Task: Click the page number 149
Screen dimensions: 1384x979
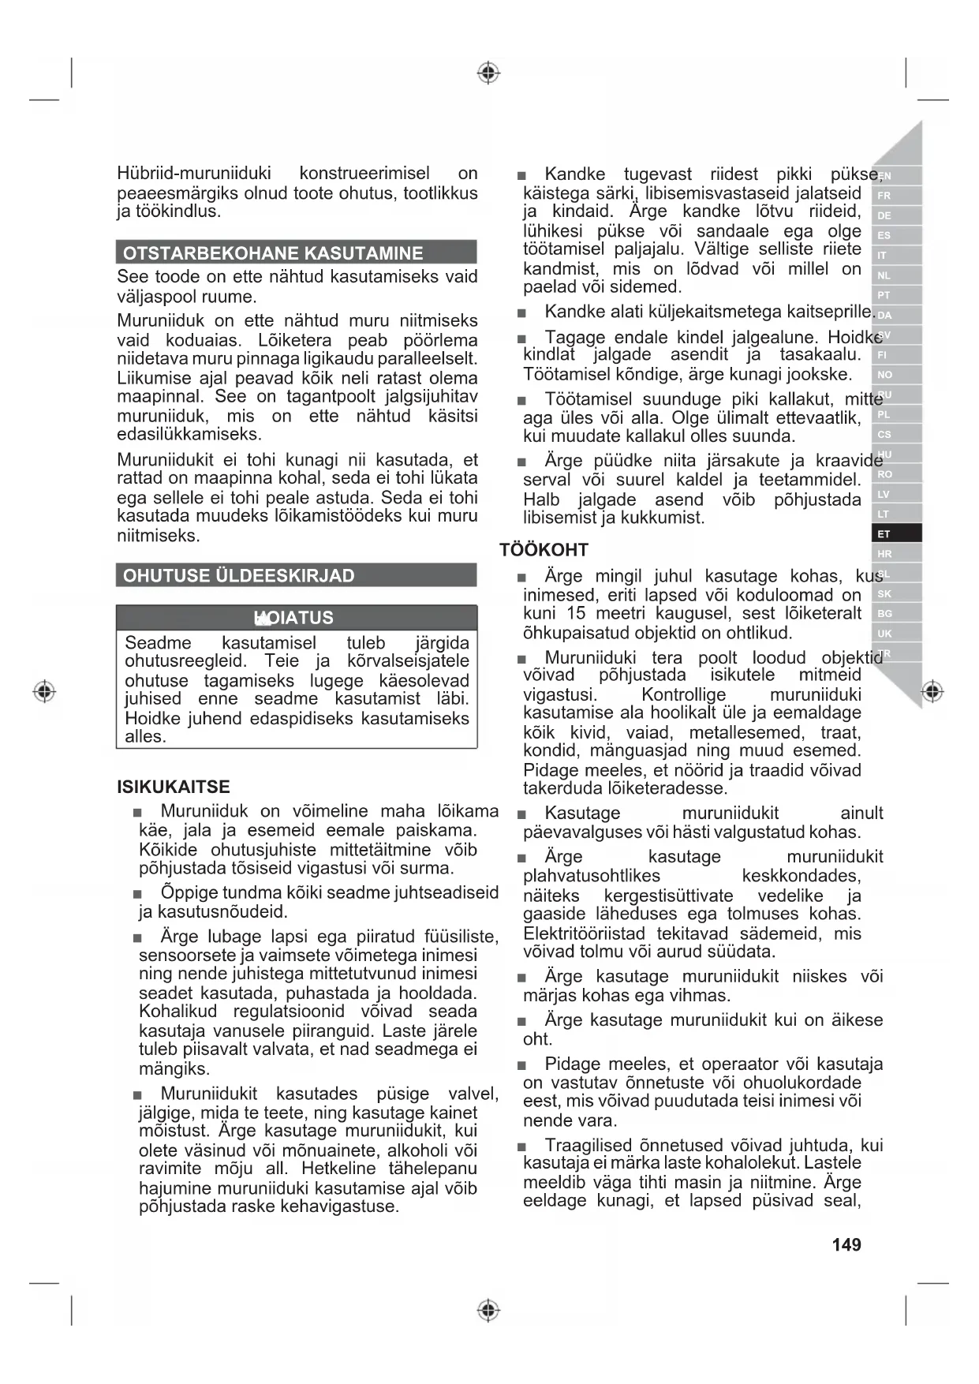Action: pos(846,1245)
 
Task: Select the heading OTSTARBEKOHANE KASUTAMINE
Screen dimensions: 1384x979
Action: pos(273,253)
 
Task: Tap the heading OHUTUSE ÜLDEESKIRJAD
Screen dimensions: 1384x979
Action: pos(239,576)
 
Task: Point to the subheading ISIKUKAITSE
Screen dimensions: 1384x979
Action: pos(174,787)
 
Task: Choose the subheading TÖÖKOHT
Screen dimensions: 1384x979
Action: pos(544,550)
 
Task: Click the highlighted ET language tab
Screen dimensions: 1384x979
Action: pos(884,534)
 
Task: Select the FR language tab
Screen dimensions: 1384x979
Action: pos(884,196)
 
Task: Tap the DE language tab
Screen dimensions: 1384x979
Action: pos(884,215)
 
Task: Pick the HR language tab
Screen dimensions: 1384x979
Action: pos(884,554)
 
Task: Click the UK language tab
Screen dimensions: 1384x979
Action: pos(884,634)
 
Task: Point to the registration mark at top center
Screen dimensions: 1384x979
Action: pos(489,73)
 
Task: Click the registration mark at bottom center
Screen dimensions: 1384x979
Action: pos(489,1311)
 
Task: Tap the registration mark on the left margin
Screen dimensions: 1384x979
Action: pos(44,692)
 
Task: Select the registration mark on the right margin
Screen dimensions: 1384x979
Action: pos(932,692)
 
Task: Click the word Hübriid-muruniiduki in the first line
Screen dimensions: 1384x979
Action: pos(194,174)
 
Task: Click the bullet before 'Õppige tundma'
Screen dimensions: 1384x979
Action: pos(138,894)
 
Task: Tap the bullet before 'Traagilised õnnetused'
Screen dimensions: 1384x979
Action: pos(521,1146)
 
